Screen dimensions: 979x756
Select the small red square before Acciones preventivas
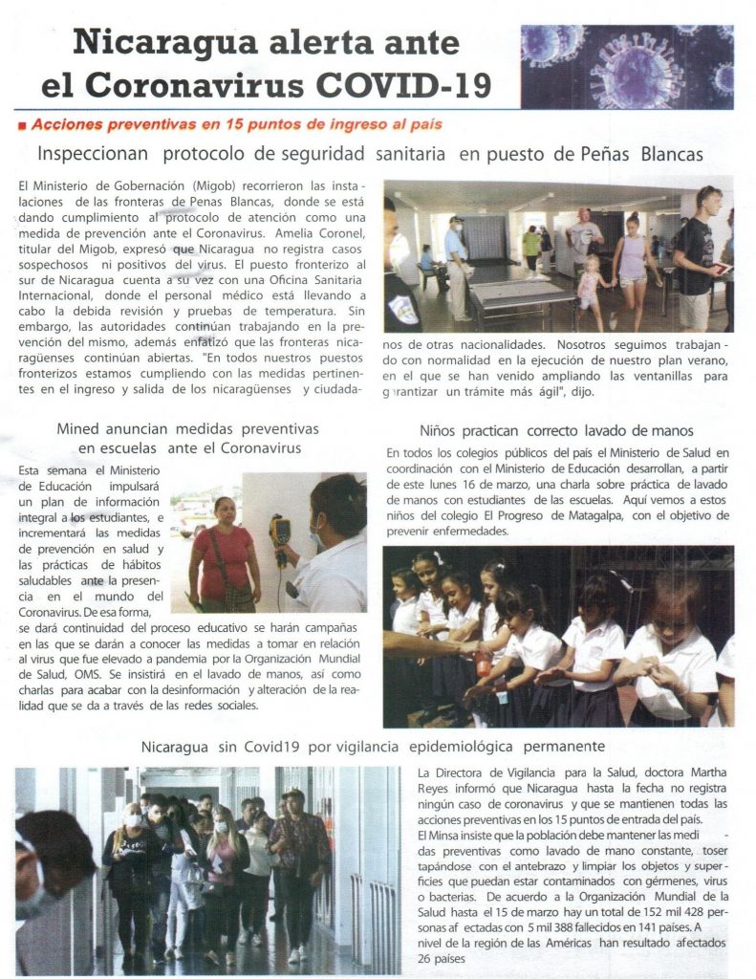[22, 125]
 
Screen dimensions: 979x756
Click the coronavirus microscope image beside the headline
[626, 66]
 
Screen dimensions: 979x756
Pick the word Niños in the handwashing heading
[441, 431]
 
